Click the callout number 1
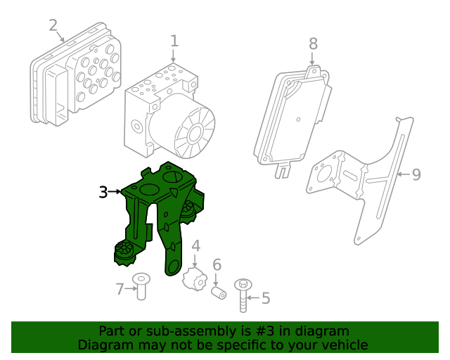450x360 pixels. pyautogui.click(x=174, y=41)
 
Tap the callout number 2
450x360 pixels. pyautogui.click(x=53, y=25)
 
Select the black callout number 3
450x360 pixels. pyautogui.click(x=103, y=192)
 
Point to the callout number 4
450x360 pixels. pyautogui.click(x=195, y=246)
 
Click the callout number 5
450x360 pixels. pyautogui.click(x=266, y=298)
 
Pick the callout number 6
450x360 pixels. pyautogui.click(x=217, y=264)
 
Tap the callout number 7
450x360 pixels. pyautogui.click(x=120, y=289)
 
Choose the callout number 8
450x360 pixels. pyautogui.click(x=313, y=44)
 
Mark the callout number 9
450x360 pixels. pyautogui.click(x=416, y=174)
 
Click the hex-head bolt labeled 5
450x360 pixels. pyautogui.click(x=243, y=295)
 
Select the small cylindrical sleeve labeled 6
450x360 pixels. pyautogui.click(x=219, y=292)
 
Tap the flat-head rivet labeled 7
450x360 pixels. pyautogui.click(x=141, y=286)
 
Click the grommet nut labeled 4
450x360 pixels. pyautogui.click(x=195, y=279)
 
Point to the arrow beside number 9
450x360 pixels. pyautogui.click(x=404, y=174)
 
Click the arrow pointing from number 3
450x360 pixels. pyautogui.click(x=115, y=191)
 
